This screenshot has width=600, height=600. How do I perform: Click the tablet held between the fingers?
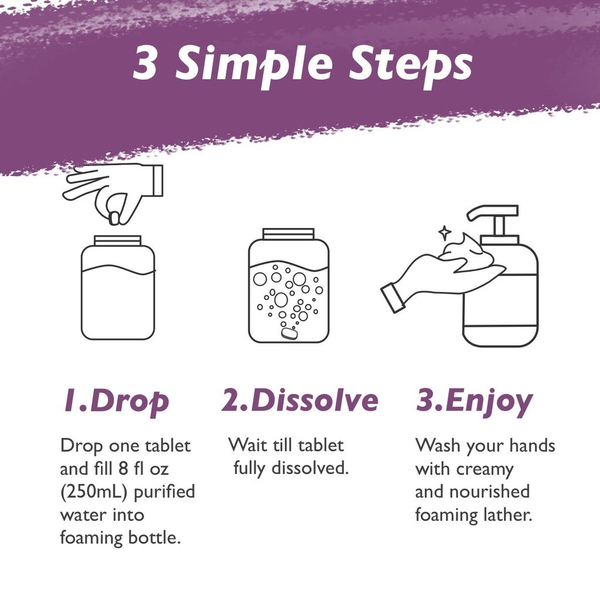coord(115,218)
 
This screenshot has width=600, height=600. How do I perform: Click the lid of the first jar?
coord(118,241)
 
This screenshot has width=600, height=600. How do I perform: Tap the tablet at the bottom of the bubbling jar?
coord(289,334)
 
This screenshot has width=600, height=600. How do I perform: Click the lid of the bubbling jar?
coord(288,234)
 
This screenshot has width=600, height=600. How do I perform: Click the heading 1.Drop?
coord(117,402)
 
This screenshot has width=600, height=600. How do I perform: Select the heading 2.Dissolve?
coord(300,401)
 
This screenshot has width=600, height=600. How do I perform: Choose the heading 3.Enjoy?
coord(474,402)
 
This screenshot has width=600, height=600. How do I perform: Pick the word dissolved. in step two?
coord(310,468)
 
